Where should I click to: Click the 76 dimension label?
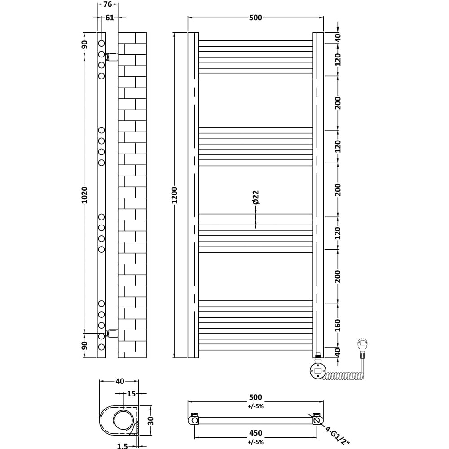pyautogui.click(x=107, y=5)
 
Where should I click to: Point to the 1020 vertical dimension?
pyautogui.click(x=85, y=195)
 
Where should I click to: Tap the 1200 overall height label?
pyautogui.click(x=175, y=195)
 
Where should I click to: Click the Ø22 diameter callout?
pyautogui.click(x=255, y=198)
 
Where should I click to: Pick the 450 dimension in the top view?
pyautogui.click(x=255, y=433)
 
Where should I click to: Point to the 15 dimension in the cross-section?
pyautogui.click(x=131, y=394)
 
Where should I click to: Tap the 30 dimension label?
pyautogui.click(x=151, y=421)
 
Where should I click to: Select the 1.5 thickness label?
pyautogui.click(x=122, y=446)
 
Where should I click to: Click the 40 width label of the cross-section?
pyautogui.click(x=119, y=381)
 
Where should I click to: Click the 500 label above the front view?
pyautogui.click(x=255, y=18)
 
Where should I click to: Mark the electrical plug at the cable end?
pyautogui.click(x=363, y=348)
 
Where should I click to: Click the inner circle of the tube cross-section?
pyautogui.click(x=123, y=420)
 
